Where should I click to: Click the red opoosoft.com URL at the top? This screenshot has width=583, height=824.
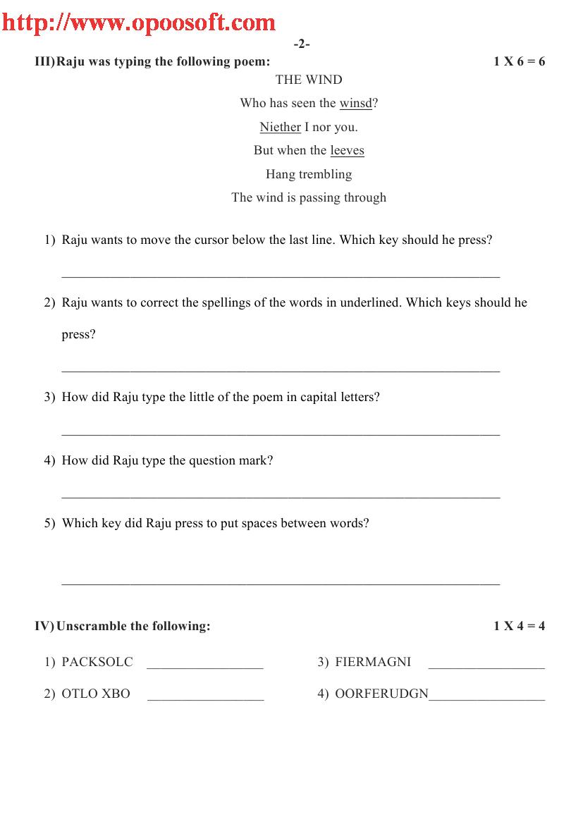click(138, 23)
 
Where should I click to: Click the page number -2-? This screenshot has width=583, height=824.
click(302, 44)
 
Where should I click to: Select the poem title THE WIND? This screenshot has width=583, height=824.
click(309, 80)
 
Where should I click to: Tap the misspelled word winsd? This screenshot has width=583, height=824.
click(355, 104)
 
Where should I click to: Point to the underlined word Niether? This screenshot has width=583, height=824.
click(280, 128)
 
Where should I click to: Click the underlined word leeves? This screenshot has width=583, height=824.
click(347, 151)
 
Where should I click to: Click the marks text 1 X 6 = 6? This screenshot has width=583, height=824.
click(519, 61)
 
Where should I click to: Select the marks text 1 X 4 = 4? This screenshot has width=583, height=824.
click(519, 626)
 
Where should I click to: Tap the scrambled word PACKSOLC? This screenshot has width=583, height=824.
click(97, 662)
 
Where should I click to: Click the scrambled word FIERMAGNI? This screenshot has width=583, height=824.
click(373, 662)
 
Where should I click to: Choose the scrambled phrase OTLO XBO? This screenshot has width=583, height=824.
click(96, 694)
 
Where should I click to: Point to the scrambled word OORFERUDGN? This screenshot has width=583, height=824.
click(381, 694)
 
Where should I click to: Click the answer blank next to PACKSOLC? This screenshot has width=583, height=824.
click(205, 666)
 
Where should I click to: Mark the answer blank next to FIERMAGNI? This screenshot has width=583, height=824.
click(486, 666)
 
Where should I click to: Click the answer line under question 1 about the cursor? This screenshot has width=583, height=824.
click(281, 275)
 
